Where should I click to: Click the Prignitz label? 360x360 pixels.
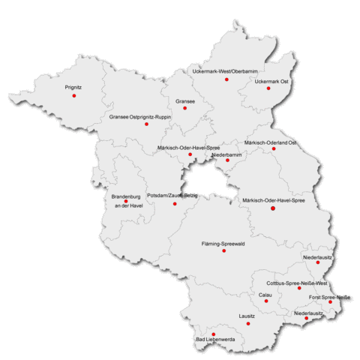click(73, 88)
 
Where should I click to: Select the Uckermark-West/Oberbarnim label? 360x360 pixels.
click(226, 70)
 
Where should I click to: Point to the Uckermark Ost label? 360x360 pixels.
click(271, 80)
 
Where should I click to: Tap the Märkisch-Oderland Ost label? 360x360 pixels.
click(271, 142)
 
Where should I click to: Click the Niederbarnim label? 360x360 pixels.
click(226, 154)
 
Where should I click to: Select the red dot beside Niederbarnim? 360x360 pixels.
click(228, 160)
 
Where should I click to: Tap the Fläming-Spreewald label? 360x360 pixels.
click(224, 244)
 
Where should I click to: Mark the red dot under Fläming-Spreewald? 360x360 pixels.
click(223, 251)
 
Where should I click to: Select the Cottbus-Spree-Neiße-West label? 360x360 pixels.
click(297, 283)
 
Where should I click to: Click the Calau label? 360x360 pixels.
click(265, 295)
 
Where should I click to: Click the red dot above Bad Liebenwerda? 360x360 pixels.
click(213, 334)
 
